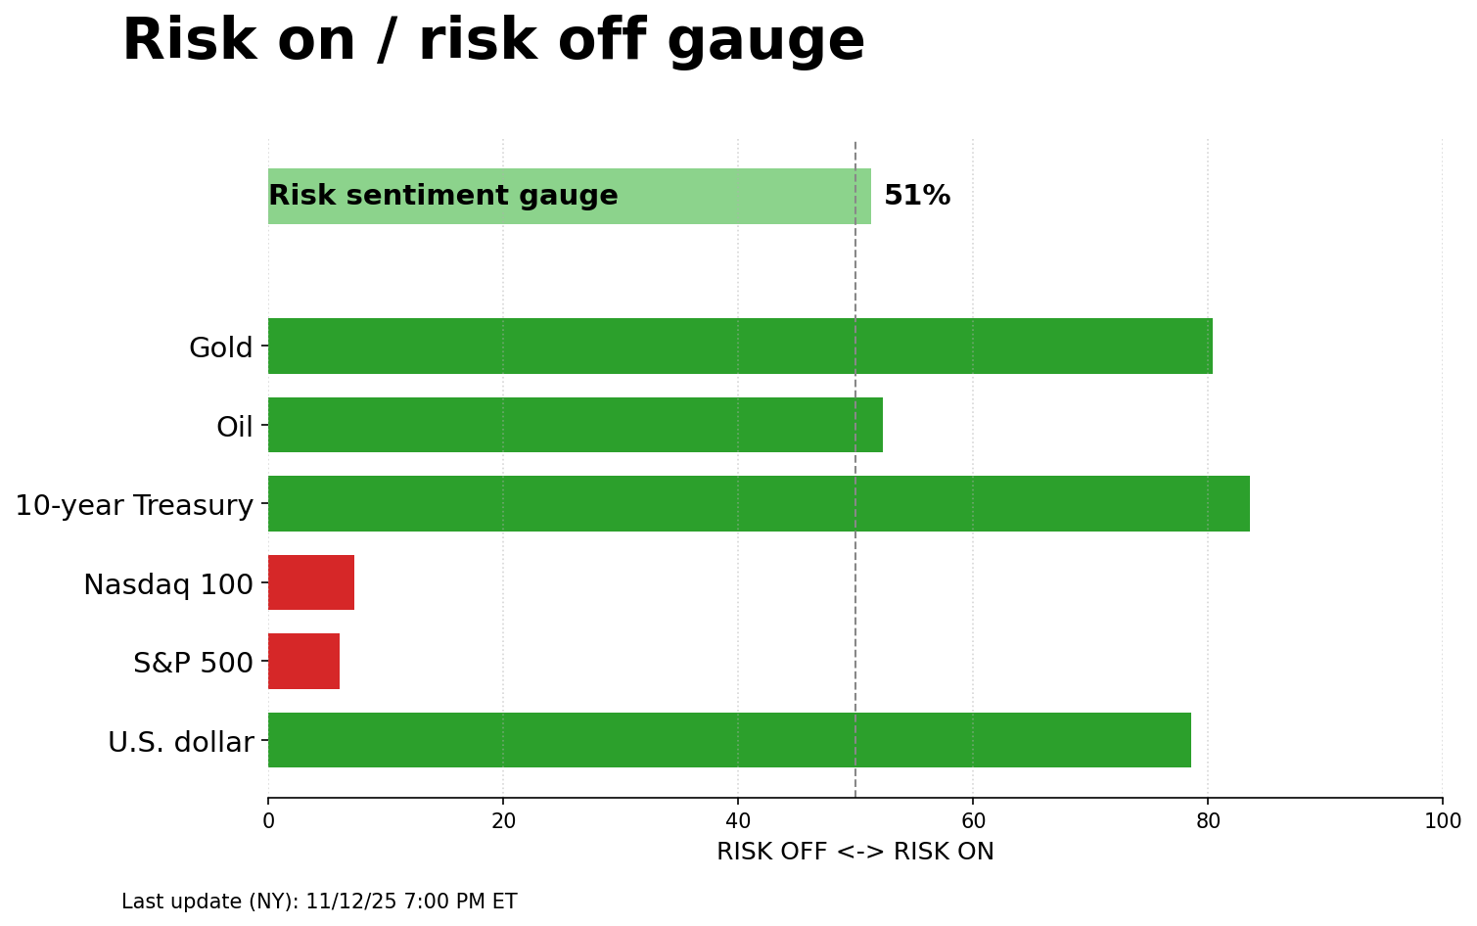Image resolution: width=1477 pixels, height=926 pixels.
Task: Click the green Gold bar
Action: pos(740,346)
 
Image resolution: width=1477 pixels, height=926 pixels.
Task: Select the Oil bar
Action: pos(576,425)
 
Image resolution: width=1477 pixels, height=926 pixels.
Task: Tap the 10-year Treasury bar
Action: pos(759,503)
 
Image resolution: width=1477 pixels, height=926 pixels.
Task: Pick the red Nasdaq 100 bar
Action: pos(311,582)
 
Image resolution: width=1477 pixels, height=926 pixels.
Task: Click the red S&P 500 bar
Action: pos(303,662)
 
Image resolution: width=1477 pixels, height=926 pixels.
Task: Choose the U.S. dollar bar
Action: pos(729,740)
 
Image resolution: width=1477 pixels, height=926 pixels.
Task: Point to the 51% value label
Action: pos(917,196)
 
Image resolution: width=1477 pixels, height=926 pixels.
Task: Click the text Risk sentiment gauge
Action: pos(443,196)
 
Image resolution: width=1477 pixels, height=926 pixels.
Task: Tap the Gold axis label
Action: pos(221,347)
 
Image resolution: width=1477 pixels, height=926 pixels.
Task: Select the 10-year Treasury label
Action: pos(134,505)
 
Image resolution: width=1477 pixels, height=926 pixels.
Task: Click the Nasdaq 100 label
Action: pos(168,584)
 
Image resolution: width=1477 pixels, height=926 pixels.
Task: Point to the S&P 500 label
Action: pos(193,663)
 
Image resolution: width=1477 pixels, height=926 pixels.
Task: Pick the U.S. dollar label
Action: pos(181,742)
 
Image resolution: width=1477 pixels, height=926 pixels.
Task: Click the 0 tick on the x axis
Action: pos(268,821)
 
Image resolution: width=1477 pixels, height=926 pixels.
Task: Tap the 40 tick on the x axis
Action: pos(738,821)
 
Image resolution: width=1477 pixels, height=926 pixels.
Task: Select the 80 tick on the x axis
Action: pos(1208,821)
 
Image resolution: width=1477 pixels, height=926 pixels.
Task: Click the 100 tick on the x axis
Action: pos(1442,821)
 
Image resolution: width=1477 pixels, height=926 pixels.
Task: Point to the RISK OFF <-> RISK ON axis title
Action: pos(854,852)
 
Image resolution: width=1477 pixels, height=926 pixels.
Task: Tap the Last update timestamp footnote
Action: pos(319,902)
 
